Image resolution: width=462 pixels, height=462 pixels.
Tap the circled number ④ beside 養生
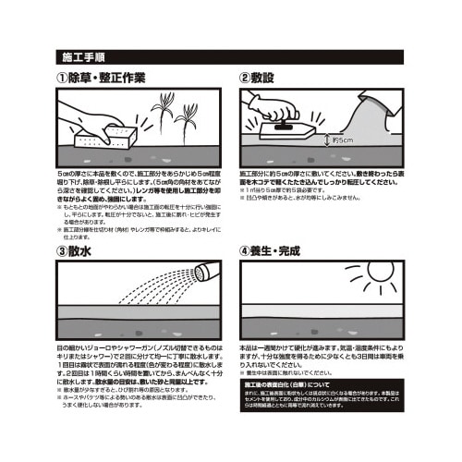[x=245, y=249]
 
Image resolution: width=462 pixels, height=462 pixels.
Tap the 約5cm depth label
[x=340, y=141]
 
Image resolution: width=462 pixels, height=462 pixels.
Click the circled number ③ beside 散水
[x=63, y=249]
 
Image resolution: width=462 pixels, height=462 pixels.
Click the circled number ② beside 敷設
[x=245, y=79]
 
